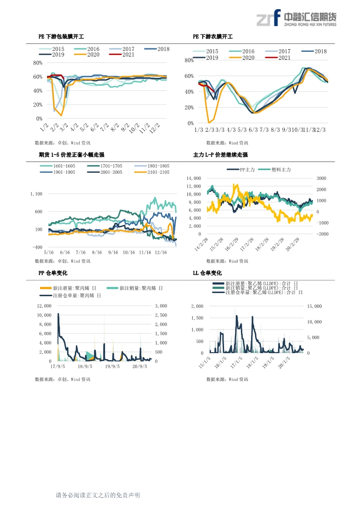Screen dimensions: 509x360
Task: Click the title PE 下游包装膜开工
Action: point(61,37)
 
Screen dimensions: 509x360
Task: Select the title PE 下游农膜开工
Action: point(213,37)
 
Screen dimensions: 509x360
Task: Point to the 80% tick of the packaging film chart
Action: point(37,63)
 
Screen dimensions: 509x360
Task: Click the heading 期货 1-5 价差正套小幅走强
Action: point(71,155)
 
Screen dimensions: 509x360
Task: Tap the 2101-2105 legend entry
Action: point(152,172)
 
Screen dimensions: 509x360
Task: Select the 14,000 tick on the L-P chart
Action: point(194,178)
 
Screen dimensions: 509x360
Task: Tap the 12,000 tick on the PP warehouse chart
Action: point(44,306)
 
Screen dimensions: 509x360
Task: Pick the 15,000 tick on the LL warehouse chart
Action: point(315,306)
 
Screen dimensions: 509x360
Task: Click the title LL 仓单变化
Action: point(207,273)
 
